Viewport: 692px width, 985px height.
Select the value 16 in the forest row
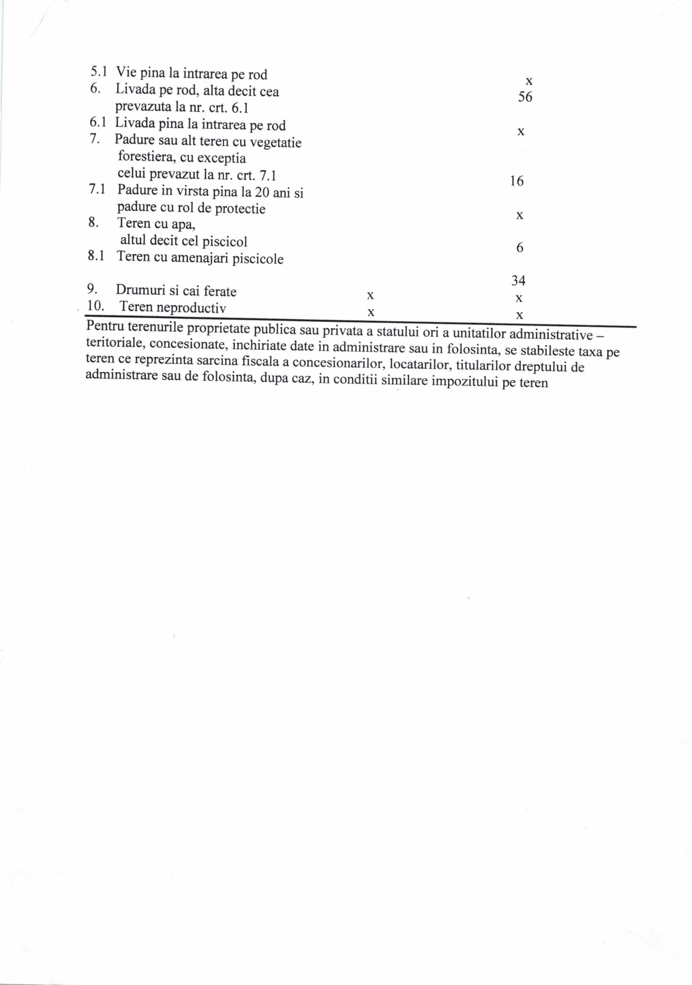click(x=517, y=181)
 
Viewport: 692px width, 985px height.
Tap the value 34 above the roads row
click(x=518, y=280)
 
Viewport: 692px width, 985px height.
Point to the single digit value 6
click(x=520, y=248)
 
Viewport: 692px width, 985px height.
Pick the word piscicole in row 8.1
click(x=258, y=259)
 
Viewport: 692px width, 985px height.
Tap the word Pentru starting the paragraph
click(x=105, y=326)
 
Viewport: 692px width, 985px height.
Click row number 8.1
click(x=96, y=256)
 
